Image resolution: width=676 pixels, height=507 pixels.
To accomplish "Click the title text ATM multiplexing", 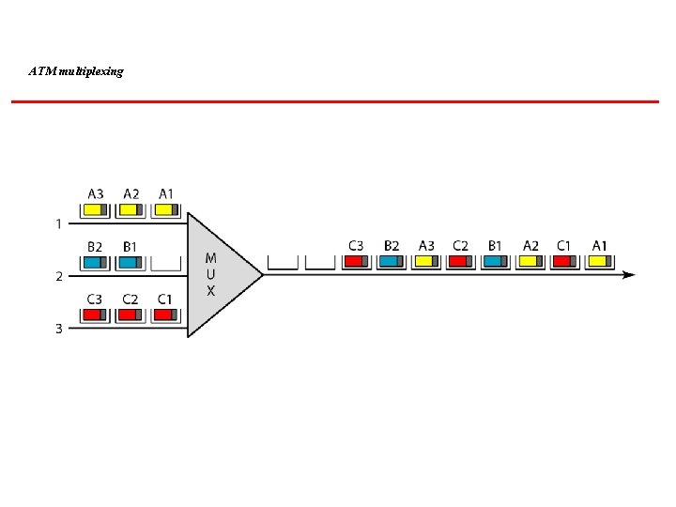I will (76, 71).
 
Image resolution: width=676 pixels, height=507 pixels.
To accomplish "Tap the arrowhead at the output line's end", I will (629, 275).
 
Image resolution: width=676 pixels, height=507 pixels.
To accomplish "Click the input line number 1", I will (59, 223).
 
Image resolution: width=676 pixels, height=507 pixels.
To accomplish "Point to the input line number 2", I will (59, 276).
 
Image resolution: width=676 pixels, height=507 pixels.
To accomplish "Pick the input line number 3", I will (59, 329).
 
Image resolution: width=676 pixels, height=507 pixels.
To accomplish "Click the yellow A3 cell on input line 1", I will (95, 210).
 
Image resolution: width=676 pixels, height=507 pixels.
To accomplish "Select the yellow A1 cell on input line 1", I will (165, 210).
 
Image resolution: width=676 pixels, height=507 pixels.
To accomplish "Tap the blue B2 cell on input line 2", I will (95, 263).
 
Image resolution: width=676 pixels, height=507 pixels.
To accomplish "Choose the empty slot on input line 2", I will (165, 263).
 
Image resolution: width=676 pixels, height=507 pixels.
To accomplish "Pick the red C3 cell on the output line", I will (356, 262).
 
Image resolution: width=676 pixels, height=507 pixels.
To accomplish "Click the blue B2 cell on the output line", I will (392, 262).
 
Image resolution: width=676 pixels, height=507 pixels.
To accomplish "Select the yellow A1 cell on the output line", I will (599, 262).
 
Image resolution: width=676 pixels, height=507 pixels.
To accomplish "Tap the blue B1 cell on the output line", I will (495, 262).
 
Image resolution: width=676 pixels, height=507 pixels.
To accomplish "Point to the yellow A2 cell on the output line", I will (530, 262).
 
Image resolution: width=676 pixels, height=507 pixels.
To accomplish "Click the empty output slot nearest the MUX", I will (284, 262).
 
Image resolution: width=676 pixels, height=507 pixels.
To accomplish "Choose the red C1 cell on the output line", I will (564, 262).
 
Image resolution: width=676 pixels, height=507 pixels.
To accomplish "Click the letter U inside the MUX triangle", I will (210, 274).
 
